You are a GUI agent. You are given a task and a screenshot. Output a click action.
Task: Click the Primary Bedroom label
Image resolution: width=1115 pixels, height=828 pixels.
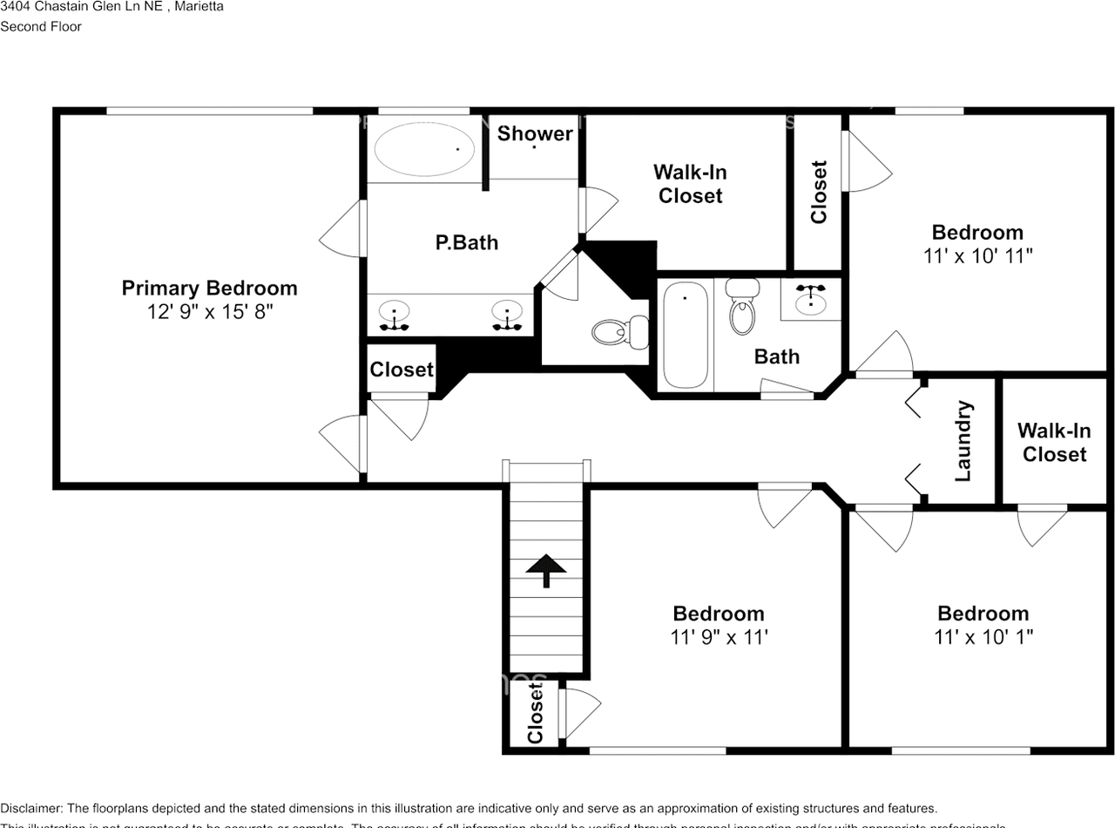(209, 288)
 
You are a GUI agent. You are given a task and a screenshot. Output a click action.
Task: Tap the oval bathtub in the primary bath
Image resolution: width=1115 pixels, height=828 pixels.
(424, 149)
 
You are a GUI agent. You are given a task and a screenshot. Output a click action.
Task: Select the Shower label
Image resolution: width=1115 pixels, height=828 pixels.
(535, 133)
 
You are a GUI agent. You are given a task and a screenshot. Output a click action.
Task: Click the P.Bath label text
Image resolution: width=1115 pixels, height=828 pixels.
(467, 242)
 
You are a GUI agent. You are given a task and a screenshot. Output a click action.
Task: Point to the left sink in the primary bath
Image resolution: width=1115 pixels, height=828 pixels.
(395, 311)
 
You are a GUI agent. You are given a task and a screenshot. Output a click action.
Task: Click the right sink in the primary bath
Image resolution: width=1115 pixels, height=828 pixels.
(506, 311)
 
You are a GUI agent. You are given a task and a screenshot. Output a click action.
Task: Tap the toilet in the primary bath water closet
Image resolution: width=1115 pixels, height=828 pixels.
(618, 331)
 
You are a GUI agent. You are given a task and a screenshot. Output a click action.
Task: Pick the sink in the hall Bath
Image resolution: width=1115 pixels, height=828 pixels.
(811, 299)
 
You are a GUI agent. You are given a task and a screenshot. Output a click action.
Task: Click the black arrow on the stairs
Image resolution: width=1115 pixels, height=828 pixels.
(546, 570)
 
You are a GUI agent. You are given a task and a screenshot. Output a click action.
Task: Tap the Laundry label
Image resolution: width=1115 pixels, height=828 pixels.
(963, 441)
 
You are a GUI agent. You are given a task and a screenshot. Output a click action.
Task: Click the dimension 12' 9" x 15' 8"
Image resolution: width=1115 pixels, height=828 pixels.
(210, 312)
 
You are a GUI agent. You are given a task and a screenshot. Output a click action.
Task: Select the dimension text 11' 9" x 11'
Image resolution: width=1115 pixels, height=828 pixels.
(719, 637)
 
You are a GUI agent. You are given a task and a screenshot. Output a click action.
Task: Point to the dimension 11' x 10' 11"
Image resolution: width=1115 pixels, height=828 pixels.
(977, 256)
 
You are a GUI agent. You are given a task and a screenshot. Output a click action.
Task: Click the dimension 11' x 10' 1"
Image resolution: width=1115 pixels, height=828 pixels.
(983, 637)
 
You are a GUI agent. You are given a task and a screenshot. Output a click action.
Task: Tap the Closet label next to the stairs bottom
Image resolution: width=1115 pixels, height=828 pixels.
(535, 713)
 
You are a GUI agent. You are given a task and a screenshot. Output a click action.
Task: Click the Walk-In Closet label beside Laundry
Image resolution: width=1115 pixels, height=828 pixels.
(1054, 442)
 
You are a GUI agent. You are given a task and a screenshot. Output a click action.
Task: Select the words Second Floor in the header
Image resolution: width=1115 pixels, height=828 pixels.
(41, 26)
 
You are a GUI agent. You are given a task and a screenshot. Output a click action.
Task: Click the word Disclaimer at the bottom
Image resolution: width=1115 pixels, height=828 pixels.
(30, 809)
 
